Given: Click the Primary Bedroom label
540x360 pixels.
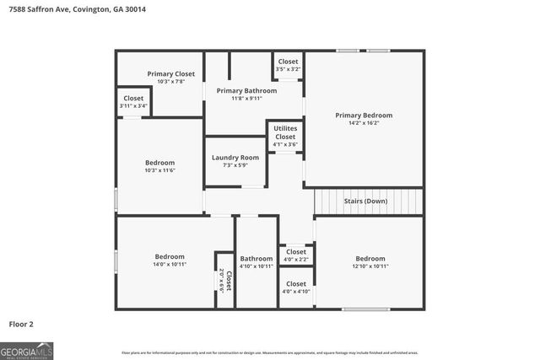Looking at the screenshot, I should tap(364, 116).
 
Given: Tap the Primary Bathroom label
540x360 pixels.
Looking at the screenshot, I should tap(246, 90).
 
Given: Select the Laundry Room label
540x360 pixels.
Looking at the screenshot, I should tap(235, 158).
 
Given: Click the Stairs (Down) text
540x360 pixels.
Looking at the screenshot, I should tap(365, 201).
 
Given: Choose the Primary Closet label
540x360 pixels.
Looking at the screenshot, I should tap(171, 73).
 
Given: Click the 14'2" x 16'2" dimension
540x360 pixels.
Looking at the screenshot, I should tap(364, 123).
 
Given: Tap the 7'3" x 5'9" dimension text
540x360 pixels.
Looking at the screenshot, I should tap(235, 165).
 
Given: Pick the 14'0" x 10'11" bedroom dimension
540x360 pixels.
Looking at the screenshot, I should tap(170, 265).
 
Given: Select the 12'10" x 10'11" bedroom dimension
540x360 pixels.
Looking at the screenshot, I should tap(370, 266).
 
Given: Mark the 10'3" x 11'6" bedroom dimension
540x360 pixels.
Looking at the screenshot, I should tap(159, 171).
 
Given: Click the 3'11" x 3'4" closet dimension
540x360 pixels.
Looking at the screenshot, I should tap(133, 106).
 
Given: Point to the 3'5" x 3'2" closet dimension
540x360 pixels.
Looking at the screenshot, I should tap(288, 69).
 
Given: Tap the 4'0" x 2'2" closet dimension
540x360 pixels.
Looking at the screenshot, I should tap(296, 259).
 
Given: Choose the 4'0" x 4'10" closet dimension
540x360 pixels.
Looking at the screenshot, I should tap(296, 292).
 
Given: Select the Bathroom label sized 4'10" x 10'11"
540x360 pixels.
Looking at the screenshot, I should tap(256, 259).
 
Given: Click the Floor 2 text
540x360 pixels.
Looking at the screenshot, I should tap(21, 323).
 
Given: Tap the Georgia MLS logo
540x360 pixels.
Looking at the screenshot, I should tap(27, 350).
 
